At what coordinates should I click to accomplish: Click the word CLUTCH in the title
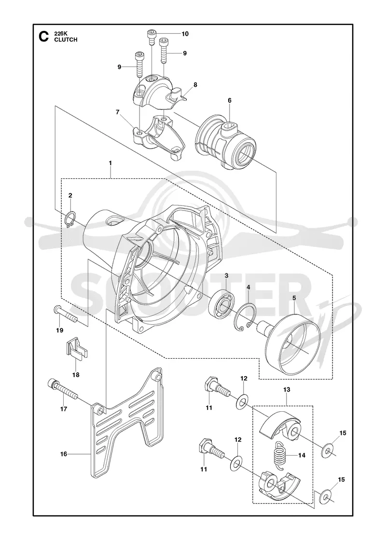(x=66, y=40)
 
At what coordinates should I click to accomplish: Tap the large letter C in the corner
(x=43, y=37)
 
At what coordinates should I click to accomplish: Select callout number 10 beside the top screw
(x=185, y=34)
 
